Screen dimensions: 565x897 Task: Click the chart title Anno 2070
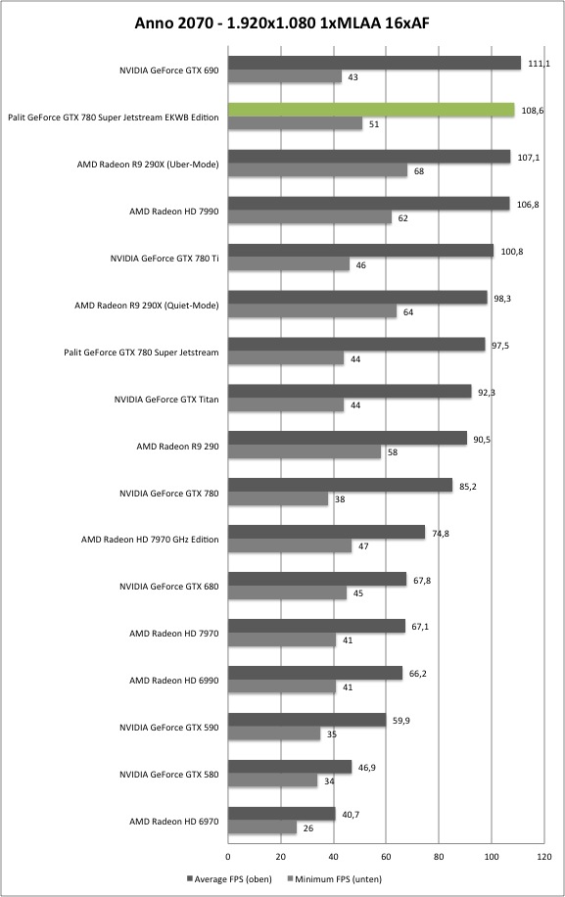coord(171,23)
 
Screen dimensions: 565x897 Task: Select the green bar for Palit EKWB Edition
coord(371,110)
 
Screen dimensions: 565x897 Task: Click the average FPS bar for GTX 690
coord(375,63)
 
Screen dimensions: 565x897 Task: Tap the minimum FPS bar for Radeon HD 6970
coord(262,827)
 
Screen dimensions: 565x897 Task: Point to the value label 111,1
coord(539,64)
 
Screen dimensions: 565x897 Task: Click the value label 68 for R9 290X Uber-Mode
coord(419,171)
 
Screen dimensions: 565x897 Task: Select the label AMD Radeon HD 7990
coord(174,212)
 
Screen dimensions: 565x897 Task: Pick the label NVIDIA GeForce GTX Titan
coord(166,400)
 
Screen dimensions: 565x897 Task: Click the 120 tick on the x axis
coord(544,857)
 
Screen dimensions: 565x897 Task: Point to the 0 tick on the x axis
coord(228,857)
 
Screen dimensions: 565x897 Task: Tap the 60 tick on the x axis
coord(386,857)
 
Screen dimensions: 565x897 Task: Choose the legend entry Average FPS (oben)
coord(229,878)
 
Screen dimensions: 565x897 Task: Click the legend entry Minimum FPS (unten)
coord(335,878)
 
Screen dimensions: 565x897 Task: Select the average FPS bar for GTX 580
coord(290,767)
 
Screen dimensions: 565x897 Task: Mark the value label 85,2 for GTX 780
coord(468,487)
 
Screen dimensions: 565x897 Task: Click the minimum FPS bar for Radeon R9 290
coord(305,452)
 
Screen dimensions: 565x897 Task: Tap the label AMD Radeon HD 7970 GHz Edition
coord(150,539)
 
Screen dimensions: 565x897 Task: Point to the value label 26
coord(308,828)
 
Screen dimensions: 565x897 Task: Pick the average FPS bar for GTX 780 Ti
coord(361,251)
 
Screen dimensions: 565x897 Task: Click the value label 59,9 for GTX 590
coord(401,721)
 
